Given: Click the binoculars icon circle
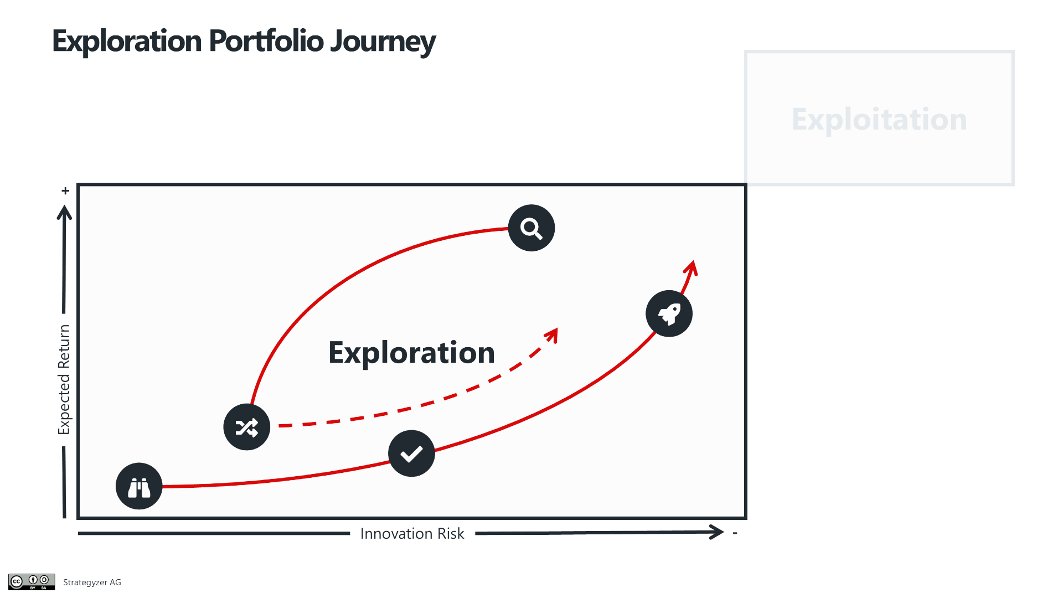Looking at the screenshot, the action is [139, 486].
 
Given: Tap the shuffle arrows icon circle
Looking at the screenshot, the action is [247, 427].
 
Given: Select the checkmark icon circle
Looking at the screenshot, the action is [411, 453].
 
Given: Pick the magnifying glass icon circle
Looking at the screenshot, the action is [531, 228].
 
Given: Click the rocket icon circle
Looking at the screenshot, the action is [669, 313].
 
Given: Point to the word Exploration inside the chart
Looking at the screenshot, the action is [411, 353].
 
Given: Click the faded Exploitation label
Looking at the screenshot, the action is [879, 120].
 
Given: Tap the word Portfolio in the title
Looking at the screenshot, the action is [266, 41].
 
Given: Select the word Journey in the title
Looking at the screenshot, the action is [383, 42].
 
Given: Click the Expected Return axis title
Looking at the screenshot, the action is [64, 379].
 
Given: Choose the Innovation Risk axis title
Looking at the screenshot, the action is [412, 533].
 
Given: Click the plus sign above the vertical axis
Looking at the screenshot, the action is [65, 191].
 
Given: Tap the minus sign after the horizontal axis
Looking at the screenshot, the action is [735, 533].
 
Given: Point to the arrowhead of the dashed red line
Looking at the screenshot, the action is [551, 334].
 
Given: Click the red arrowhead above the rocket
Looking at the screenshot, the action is [691, 268].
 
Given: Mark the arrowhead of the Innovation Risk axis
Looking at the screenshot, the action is [717, 533].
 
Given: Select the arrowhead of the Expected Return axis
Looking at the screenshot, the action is [64, 213].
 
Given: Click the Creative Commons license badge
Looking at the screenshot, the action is [32, 582].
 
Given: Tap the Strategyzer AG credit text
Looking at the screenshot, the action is [92, 582].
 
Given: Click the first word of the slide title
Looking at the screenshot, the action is [127, 42].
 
